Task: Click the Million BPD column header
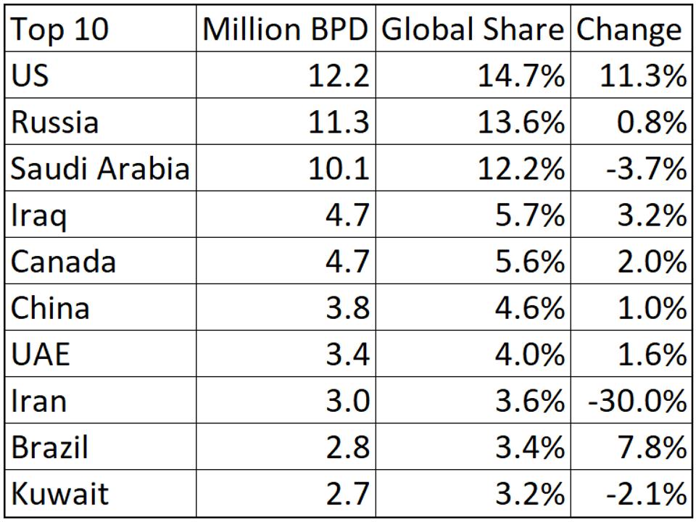tap(286, 30)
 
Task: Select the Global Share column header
tap(473, 30)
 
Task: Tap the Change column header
tap(629, 30)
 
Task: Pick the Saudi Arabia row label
tap(100, 168)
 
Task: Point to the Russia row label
tap(55, 122)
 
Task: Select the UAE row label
tap(41, 355)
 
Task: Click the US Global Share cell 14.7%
tap(521, 75)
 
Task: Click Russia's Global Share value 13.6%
tap(521, 122)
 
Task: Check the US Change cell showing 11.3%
tap(642, 75)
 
